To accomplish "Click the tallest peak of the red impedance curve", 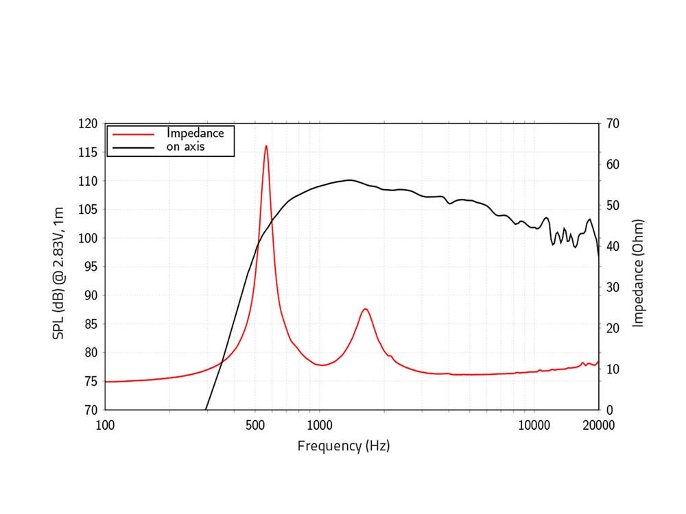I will pyautogui.click(x=266, y=146).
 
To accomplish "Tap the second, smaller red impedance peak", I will pyautogui.click(x=366, y=309).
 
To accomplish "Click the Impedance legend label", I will pyautogui.click(x=195, y=133).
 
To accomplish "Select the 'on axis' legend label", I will pyautogui.click(x=185, y=147).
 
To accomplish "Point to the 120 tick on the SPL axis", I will pyautogui.click(x=88, y=124).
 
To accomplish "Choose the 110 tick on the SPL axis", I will pyautogui.click(x=88, y=181).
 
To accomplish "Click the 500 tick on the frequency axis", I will pyautogui.click(x=255, y=424).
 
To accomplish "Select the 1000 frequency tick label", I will pyautogui.click(x=320, y=424).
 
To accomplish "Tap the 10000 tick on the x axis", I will pyautogui.click(x=534, y=424).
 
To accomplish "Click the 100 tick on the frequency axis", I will pyautogui.click(x=105, y=424).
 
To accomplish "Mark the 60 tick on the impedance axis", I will pyautogui.click(x=612, y=164).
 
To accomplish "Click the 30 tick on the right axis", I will pyautogui.click(x=612, y=287).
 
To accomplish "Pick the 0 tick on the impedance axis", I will pyautogui.click(x=609, y=410).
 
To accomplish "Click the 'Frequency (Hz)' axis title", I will pyautogui.click(x=343, y=446).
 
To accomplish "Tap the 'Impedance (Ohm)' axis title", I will pyautogui.click(x=639, y=273).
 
